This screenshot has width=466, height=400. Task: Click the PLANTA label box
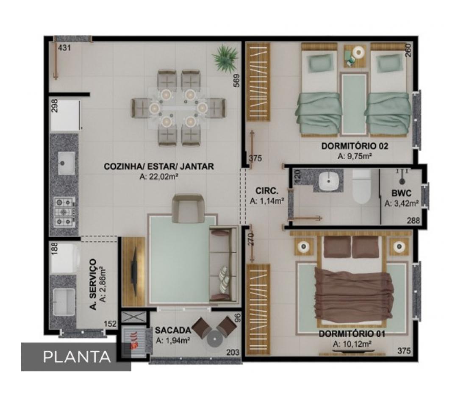click(x=76, y=357)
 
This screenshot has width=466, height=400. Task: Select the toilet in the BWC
click(x=361, y=186)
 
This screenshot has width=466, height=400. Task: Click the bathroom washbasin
click(x=329, y=181)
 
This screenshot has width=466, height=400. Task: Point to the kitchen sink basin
click(x=66, y=163)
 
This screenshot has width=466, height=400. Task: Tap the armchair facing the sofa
click(x=188, y=208)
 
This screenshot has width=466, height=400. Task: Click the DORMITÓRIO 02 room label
click(x=355, y=146)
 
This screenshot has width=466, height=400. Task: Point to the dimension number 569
click(x=236, y=80)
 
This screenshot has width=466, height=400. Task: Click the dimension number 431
click(x=64, y=47)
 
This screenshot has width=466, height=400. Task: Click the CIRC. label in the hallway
click(x=266, y=191)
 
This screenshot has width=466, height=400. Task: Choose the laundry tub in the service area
click(x=64, y=301)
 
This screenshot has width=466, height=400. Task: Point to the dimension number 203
click(x=233, y=353)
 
